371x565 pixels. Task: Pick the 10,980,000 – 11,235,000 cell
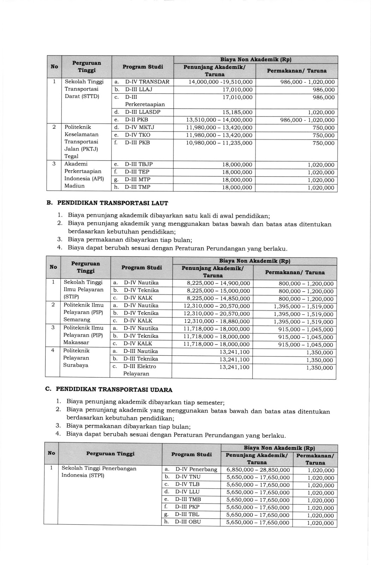click(x=219, y=143)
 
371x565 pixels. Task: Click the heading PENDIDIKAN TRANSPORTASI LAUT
click(x=113, y=203)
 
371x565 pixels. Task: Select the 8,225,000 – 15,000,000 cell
click(x=218, y=291)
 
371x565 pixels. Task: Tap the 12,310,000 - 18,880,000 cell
click(x=216, y=321)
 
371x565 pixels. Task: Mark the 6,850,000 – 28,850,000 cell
click(x=258, y=470)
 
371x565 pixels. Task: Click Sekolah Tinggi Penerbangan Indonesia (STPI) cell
click(x=99, y=472)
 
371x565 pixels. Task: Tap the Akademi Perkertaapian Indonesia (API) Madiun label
click(x=84, y=175)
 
